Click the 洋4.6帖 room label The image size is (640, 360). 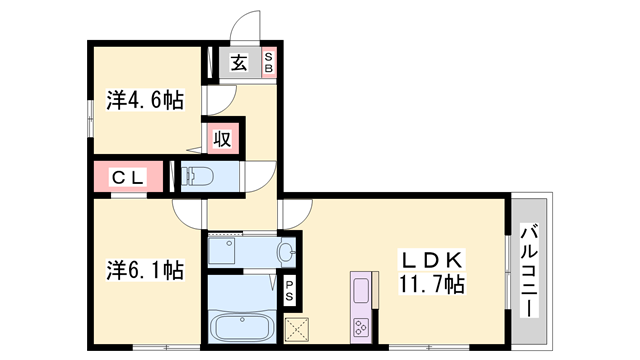click(145, 100)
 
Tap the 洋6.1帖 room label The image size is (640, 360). click(145, 270)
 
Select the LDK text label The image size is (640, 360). click(432, 260)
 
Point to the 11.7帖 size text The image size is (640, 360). click(431, 284)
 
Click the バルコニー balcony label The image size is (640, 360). click(529, 270)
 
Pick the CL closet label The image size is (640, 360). click(128, 178)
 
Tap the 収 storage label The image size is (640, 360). click(222, 139)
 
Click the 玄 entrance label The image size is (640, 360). click(239, 63)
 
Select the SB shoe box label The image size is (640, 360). click(268, 62)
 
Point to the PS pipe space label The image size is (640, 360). click(289, 290)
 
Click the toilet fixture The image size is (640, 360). click(198, 177)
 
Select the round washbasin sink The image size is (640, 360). click(286, 251)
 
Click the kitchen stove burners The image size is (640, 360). click(361, 326)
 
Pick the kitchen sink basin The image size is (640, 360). click(361, 291)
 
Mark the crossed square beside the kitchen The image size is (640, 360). click(297, 329)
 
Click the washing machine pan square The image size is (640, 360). click(222, 251)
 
